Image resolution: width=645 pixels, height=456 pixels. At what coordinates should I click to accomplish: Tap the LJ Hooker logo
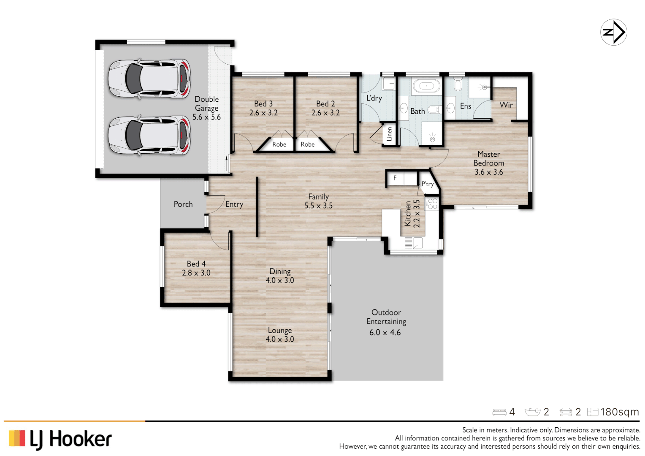[x=60, y=439]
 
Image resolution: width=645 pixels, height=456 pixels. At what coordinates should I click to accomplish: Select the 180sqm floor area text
[x=619, y=412]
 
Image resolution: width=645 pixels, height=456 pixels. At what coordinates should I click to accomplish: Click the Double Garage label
[x=206, y=104]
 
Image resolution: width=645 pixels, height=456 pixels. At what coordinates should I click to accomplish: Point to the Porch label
[x=183, y=204]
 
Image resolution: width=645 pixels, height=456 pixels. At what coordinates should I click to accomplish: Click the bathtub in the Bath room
[x=426, y=86]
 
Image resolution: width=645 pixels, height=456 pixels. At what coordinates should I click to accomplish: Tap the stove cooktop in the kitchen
[x=432, y=204]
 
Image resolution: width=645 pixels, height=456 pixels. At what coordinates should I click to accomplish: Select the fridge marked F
[x=396, y=178]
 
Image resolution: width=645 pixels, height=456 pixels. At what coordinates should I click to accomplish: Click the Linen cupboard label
[x=389, y=134]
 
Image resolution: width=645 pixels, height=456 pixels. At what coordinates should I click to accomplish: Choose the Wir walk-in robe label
[x=506, y=105]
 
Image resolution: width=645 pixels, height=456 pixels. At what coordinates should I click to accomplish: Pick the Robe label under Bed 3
[x=279, y=144]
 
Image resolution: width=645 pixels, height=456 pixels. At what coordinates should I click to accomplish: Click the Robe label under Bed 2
[x=307, y=144]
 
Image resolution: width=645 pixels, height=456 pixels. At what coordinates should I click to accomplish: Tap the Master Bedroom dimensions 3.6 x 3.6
[x=488, y=172]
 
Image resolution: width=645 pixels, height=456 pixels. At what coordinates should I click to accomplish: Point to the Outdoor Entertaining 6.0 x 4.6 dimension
[x=385, y=333]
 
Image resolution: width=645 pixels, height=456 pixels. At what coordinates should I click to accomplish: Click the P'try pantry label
[x=427, y=184]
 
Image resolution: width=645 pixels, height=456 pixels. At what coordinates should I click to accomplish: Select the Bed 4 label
[x=196, y=264]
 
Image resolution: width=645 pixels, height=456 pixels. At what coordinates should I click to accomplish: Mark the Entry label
[x=234, y=204]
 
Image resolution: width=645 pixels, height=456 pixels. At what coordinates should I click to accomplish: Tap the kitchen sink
[x=417, y=243]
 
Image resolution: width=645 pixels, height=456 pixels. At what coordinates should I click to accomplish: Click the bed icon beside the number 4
[x=499, y=412]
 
